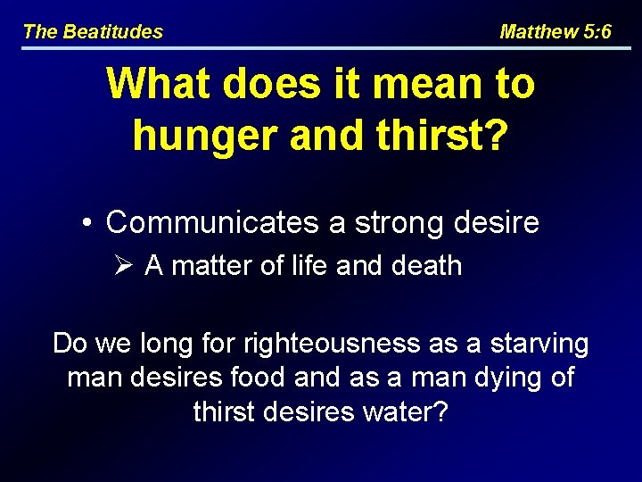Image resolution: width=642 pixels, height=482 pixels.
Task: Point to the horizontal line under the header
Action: [321, 47]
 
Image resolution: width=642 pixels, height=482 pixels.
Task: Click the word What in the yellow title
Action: [160, 85]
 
